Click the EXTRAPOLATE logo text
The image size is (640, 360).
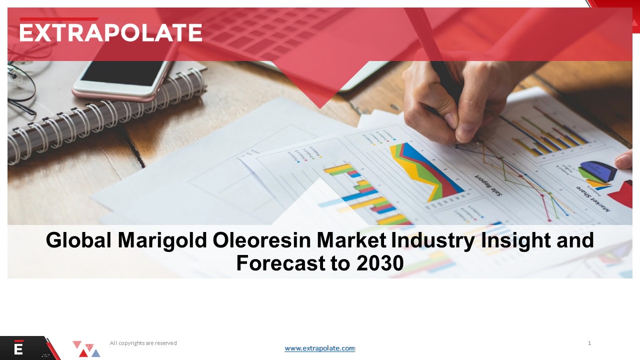point(111,32)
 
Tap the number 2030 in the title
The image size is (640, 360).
point(380,263)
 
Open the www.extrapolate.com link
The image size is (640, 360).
point(319,348)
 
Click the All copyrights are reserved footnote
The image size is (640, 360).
point(143,343)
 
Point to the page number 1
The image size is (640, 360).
point(589,343)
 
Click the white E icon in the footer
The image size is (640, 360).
point(19,348)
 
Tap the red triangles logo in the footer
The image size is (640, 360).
point(86,349)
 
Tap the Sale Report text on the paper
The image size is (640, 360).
point(488,185)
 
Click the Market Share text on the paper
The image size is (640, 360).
point(592,198)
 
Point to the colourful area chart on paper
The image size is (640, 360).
point(425,170)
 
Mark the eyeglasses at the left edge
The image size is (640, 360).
point(20,85)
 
